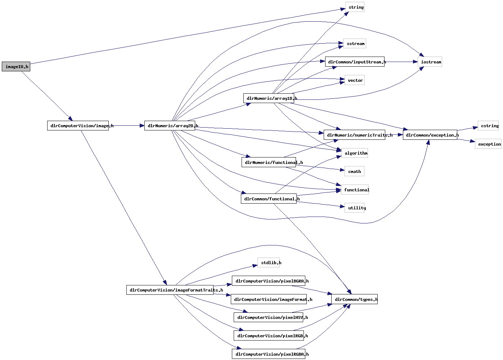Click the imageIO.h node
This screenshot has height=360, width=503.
[16, 67]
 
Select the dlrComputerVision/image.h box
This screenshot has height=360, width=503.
[78, 126]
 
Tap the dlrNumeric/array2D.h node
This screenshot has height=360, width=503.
[170, 126]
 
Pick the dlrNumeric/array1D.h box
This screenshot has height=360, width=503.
[269, 98]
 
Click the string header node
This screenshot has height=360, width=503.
[355, 7]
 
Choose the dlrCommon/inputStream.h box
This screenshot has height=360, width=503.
[355, 62]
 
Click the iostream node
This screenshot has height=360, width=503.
[430, 62]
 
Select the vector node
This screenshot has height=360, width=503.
[355, 80]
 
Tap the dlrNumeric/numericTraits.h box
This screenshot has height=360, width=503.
[354, 135]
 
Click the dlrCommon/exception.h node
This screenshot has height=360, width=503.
[430, 135]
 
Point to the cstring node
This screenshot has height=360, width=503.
[488, 126]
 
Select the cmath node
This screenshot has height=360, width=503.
[354, 172]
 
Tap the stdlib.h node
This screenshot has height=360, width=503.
[269, 263]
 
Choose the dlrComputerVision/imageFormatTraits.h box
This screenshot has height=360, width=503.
[170, 290]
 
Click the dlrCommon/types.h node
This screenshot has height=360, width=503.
[354, 299]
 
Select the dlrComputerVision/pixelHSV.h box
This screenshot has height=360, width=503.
[269, 317]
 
